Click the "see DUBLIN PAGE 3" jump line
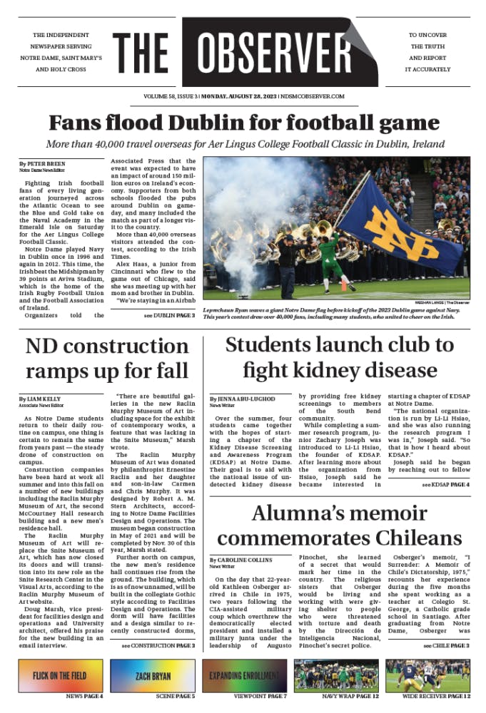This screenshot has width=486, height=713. click(x=169, y=314)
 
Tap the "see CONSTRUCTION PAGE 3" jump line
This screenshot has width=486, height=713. click(x=158, y=645)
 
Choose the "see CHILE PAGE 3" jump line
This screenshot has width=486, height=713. click(x=446, y=645)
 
